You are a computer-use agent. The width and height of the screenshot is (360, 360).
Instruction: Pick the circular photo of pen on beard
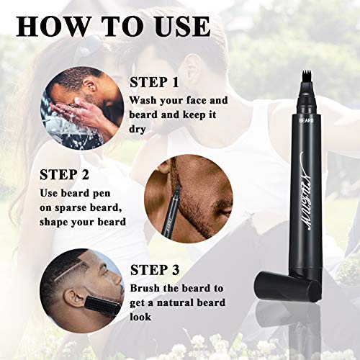[x=179, y=195]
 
